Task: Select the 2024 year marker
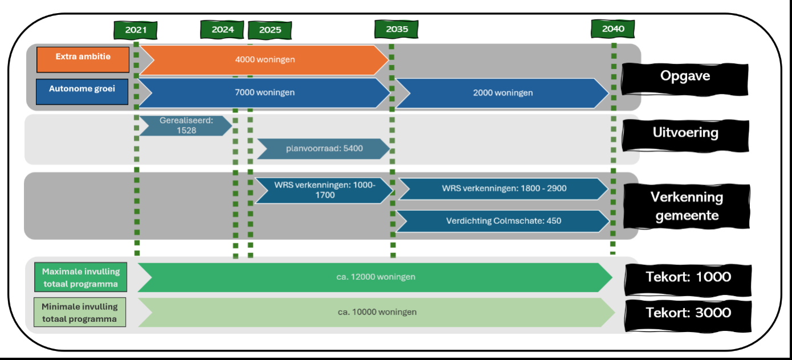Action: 222,30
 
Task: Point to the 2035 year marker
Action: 397,30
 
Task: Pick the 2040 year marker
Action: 613,29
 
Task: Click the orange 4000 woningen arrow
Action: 264,59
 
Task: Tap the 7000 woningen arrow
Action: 264,92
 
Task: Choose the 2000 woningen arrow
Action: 503,93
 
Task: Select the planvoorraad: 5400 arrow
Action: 324,149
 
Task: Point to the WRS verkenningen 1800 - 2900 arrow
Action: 503,189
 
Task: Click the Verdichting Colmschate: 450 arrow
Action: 503,221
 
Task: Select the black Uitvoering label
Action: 684,133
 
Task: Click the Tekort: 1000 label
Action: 688,277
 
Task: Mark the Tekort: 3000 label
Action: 688,313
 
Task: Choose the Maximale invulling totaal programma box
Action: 80,277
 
